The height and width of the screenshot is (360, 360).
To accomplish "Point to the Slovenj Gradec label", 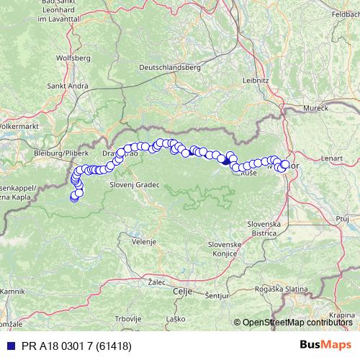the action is [134, 184].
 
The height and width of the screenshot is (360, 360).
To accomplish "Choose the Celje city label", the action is [183, 292].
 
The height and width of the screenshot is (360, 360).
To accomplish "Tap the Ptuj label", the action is [341, 217].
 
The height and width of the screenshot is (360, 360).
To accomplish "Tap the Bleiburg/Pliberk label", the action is [61, 153].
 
